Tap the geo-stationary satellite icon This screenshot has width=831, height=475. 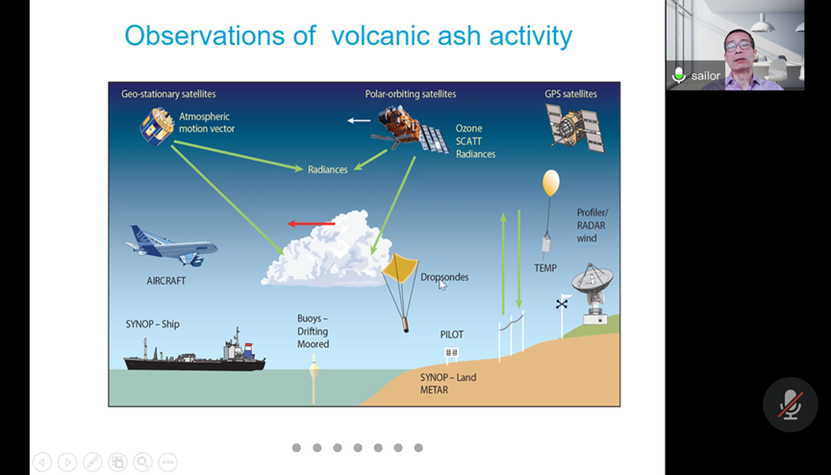pyautogui.click(x=157, y=126)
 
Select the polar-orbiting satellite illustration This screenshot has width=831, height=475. pyautogui.click(x=410, y=129)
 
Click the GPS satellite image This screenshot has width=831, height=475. pyautogui.click(x=575, y=127)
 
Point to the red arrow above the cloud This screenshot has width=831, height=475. pyautogui.click(x=311, y=223)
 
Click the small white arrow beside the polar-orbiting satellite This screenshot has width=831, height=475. pyautogui.click(x=359, y=121)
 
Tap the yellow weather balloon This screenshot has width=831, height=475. pyautogui.click(x=551, y=183)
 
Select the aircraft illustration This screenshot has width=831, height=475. pyautogui.click(x=171, y=246)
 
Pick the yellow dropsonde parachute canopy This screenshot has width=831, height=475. pyautogui.click(x=400, y=267)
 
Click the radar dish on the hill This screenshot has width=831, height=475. pyautogui.click(x=593, y=292)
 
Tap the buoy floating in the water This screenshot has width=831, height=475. pyautogui.click(x=314, y=378)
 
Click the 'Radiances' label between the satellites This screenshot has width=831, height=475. pyautogui.click(x=328, y=169)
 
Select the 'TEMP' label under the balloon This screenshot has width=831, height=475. pyautogui.click(x=545, y=268)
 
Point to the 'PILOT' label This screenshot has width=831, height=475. pyautogui.click(x=451, y=335)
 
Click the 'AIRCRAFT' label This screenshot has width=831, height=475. pyautogui.click(x=165, y=281)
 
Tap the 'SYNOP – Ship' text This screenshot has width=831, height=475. pyautogui.click(x=153, y=324)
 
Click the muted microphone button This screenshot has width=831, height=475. pyautogui.click(x=791, y=405)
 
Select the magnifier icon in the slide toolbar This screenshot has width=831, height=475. pyautogui.click(x=142, y=462)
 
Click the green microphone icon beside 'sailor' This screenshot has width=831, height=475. pyautogui.click(x=678, y=75)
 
